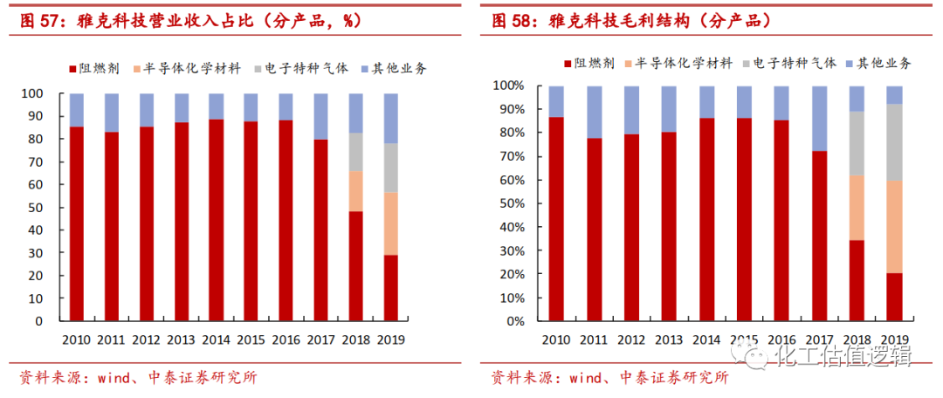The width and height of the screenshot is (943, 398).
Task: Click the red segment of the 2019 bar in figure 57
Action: [x=391, y=287]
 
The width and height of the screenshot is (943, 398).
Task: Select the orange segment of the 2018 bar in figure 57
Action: [x=356, y=191]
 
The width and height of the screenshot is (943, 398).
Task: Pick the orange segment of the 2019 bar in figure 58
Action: [x=894, y=227]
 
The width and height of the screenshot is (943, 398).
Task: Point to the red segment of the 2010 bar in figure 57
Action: [x=77, y=223]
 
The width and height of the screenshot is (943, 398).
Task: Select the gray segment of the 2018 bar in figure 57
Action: [x=356, y=152]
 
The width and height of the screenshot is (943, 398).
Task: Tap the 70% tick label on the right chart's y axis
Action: [x=509, y=157]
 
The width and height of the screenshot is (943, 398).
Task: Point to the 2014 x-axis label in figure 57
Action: [x=216, y=340]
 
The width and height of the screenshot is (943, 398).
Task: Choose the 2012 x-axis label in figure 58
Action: [x=631, y=340]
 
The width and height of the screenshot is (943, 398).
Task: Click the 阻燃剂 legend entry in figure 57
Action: [x=93, y=68]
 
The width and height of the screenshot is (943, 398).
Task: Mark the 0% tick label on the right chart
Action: [x=513, y=321]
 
